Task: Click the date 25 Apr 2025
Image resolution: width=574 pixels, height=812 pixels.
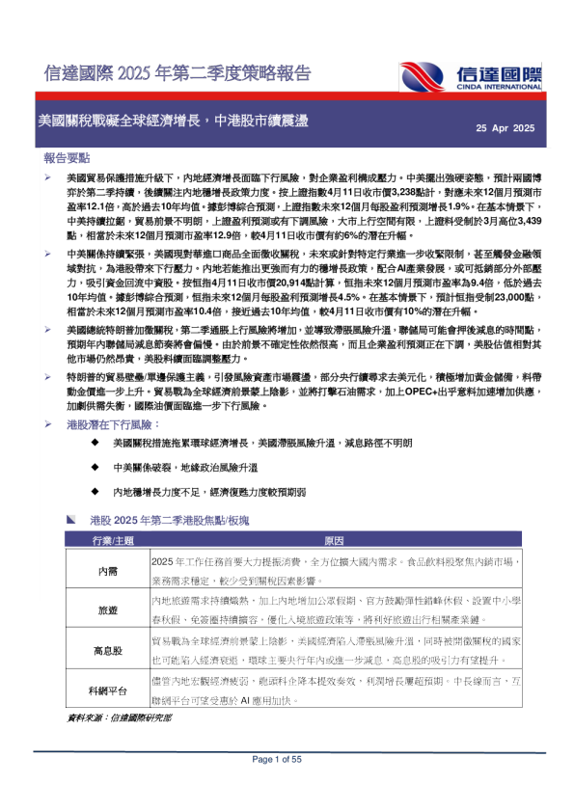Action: [506, 128]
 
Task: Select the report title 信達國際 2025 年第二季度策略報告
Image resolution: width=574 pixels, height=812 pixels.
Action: [178, 73]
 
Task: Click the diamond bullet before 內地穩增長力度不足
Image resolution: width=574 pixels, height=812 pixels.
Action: [95, 492]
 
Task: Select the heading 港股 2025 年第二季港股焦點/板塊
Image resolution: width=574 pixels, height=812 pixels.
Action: [169, 521]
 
